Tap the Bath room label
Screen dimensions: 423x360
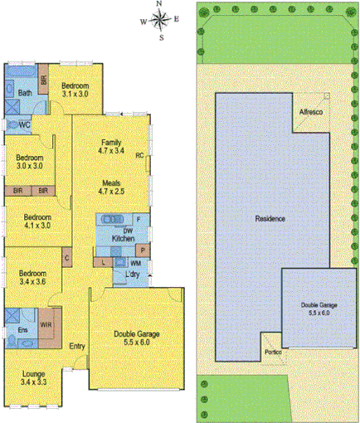(25, 93)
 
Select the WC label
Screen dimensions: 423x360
(25, 125)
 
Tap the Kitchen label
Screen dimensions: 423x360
(123, 238)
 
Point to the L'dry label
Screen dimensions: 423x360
(132, 275)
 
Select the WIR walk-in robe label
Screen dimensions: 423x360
(46, 325)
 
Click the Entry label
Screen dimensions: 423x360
(78, 346)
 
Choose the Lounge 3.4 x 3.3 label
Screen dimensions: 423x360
(34, 378)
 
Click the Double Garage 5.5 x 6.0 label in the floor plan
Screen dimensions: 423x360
(137, 338)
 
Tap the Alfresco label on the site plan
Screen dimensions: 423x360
(310, 111)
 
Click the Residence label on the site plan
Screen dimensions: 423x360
(270, 219)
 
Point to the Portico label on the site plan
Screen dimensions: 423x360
(273, 352)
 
